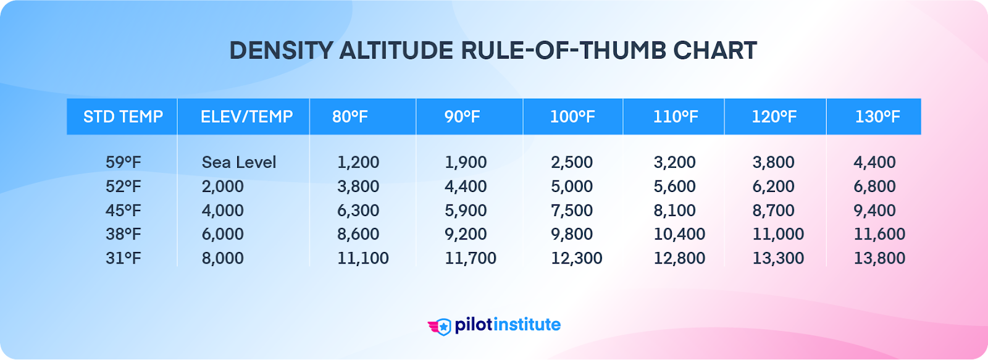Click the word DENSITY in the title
click(281, 51)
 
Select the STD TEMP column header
click(123, 117)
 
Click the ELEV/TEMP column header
click(246, 117)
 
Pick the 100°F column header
click(572, 117)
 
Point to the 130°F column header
click(877, 117)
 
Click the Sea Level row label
click(239, 162)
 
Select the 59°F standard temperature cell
click(123, 162)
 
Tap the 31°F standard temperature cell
click(123, 258)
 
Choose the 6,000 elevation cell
click(222, 234)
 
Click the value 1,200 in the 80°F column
click(358, 162)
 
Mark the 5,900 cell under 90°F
click(466, 211)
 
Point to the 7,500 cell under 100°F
click(572, 211)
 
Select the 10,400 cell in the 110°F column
click(679, 234)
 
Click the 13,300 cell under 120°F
click(778, 258)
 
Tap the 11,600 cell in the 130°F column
click(879, 234)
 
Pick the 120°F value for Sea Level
click(773, 162)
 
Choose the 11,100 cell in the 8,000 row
click(362, 258)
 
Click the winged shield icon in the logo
click(440, 326)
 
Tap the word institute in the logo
click(527, 325)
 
